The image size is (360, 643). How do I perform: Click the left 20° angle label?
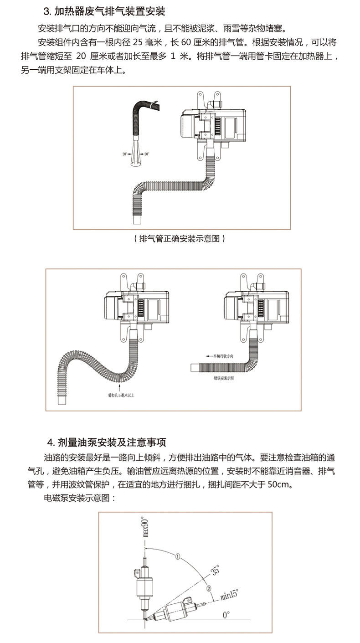[125, 154]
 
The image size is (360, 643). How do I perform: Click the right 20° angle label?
[146, 154]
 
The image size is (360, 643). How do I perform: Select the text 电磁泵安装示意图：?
[80, 498]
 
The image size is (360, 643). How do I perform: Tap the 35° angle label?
[215, 570]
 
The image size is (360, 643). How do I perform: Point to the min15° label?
[229, 594]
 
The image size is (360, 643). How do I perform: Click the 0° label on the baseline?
[226, 615]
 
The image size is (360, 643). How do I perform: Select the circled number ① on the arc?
[178, 556]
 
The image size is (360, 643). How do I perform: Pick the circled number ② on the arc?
[208, 588]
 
